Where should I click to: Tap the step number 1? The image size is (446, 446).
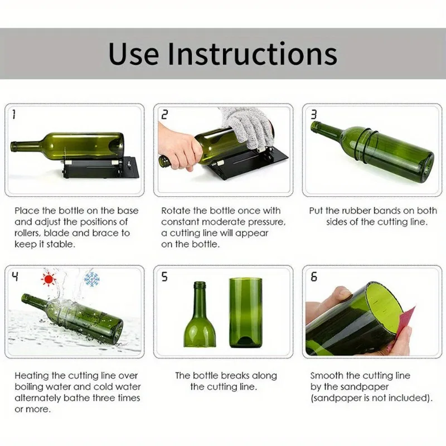pyautogui.click(x=13, y=115)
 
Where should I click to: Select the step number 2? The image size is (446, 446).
pyautogui.click(x=164, y=115)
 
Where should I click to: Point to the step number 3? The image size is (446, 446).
pyautogui.click(x=314, y=115)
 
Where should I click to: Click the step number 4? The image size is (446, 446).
pyautogui.click(x=14, y=276)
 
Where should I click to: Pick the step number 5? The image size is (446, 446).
pyautogui.click(x=164, y=277)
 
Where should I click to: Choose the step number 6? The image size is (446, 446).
pyautogui.click(x=314, y=277)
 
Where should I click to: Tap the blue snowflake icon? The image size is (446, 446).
pyautogui.click(x=91, y=279)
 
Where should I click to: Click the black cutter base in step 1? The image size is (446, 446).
pyautogui.click(x=98, y=167)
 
